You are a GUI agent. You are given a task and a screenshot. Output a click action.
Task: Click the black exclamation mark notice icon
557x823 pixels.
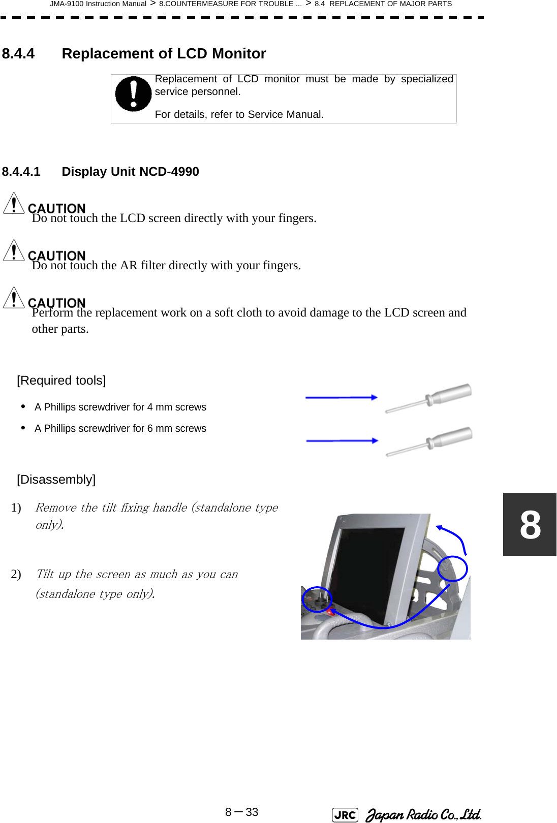(x=133, y=94)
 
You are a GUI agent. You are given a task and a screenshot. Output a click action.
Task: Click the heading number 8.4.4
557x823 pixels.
(x=18, y=54)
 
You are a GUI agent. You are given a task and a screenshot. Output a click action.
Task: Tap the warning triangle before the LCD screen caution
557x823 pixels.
(x=14, y=204)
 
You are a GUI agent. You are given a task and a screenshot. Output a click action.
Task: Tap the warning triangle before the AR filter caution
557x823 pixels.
(x=14, y=251)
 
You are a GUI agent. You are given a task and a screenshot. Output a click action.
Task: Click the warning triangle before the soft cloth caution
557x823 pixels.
(x=14, y=298)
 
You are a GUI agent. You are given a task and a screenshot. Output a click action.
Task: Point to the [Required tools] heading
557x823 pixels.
(x=61, y=381)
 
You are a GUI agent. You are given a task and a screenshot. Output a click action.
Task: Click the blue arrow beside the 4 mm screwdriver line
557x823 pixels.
(x=341, y=398)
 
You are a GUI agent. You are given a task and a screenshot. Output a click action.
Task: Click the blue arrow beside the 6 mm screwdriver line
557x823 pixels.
(x=342, y=441)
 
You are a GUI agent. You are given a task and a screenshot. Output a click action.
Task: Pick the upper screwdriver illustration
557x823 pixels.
(x=428, y=398)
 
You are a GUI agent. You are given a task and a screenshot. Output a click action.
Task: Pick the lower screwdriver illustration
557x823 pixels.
(x=429, y=441)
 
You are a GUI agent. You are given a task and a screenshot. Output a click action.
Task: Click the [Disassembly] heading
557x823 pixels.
(x=56, y=480)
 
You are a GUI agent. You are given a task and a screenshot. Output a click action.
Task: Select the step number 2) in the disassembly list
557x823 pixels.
(x=16, y=575)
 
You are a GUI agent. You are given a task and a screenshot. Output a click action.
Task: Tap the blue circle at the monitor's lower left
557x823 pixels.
(x=317, y=599)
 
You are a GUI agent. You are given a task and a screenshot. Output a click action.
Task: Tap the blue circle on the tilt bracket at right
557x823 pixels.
(x=452, y=568)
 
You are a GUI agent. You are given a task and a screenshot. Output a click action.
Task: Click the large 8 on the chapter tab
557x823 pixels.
(x=530, y=525)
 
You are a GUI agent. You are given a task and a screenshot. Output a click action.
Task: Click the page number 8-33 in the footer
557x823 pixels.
(x=242, y=812)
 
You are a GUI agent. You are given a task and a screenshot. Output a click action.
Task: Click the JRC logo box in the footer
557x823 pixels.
(x=345, y=815)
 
